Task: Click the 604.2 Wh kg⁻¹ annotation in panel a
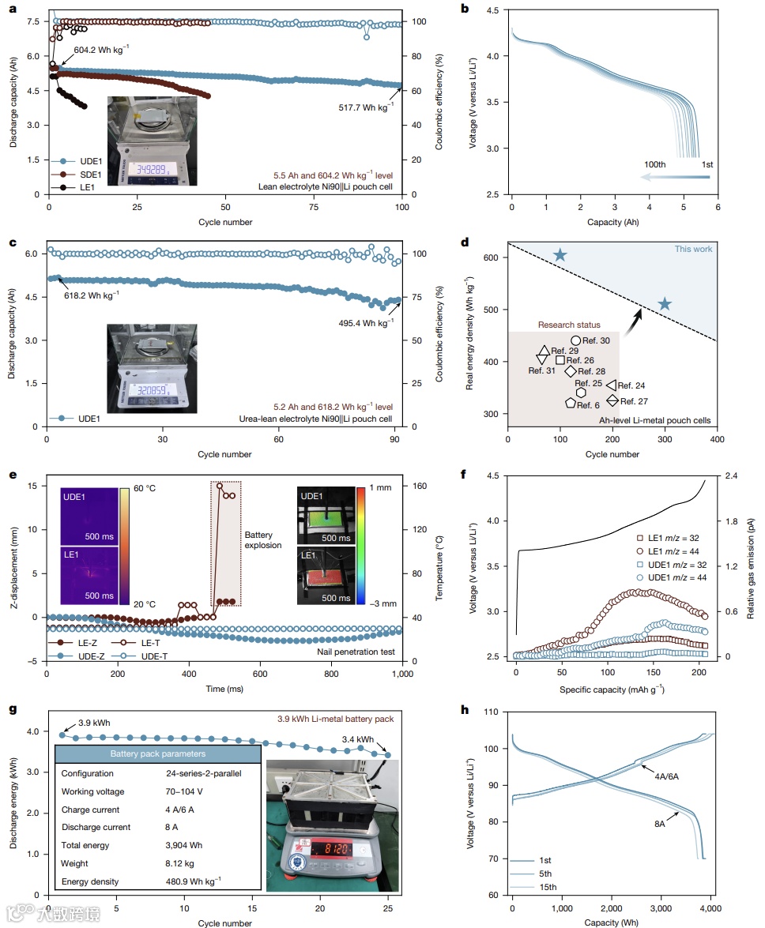(102, 49)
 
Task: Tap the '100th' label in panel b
(654, 163)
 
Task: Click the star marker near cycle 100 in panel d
(560, 255)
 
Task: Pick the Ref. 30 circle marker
(576, 340)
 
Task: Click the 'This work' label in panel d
(693, 249)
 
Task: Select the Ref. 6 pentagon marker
(571, 403)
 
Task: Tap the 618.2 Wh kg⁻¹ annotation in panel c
(92, 294)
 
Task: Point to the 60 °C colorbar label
(144, 489)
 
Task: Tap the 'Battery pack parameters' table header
(158, 754)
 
